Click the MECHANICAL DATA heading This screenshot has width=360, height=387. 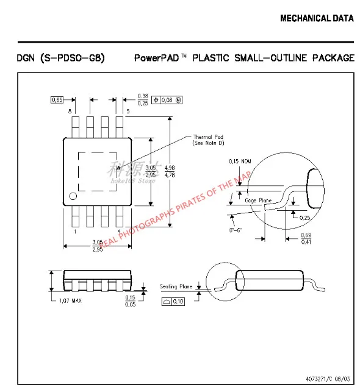[x=316, y=18]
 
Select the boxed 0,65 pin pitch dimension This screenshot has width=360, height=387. [x=57, y=99]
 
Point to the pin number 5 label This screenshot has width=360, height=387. [x=128, y=111]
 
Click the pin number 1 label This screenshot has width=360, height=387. [x=74, y=232]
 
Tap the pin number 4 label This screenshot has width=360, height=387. [x=118, y=232]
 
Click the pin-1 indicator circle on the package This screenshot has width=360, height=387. [x=73, y=196]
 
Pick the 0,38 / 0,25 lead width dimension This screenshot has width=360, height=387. [x=143, y=99]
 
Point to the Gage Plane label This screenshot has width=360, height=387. [x=257, y=200]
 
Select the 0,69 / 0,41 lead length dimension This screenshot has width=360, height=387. [x=306, y=238]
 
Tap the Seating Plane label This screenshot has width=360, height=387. [x=176, y=286]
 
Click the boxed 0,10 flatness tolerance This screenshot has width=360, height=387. [x=175, y=301]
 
